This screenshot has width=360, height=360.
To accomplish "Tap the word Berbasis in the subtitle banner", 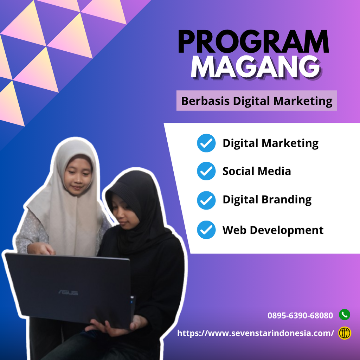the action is coord(205,101).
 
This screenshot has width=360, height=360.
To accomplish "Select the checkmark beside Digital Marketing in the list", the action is coord(206,143).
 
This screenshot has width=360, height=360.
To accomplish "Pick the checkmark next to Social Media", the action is coord(206,171).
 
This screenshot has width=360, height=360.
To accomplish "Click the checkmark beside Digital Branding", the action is coord(206,200).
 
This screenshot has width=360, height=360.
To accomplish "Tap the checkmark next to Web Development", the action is coord(206,230).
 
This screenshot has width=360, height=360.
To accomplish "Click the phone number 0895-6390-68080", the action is coord(300,315).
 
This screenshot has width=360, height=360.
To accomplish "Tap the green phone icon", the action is coord(345,315).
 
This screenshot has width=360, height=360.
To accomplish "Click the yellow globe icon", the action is coord(345,333).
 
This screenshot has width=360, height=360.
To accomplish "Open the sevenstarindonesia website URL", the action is coord(255,333).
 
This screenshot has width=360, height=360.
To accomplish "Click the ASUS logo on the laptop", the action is coord(68,292).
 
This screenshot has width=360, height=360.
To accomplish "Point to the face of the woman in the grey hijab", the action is coord(78,176).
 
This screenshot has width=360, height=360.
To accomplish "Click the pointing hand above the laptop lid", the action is coord(41,249).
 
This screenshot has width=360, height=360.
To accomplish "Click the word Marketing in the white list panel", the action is coord(290,143).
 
